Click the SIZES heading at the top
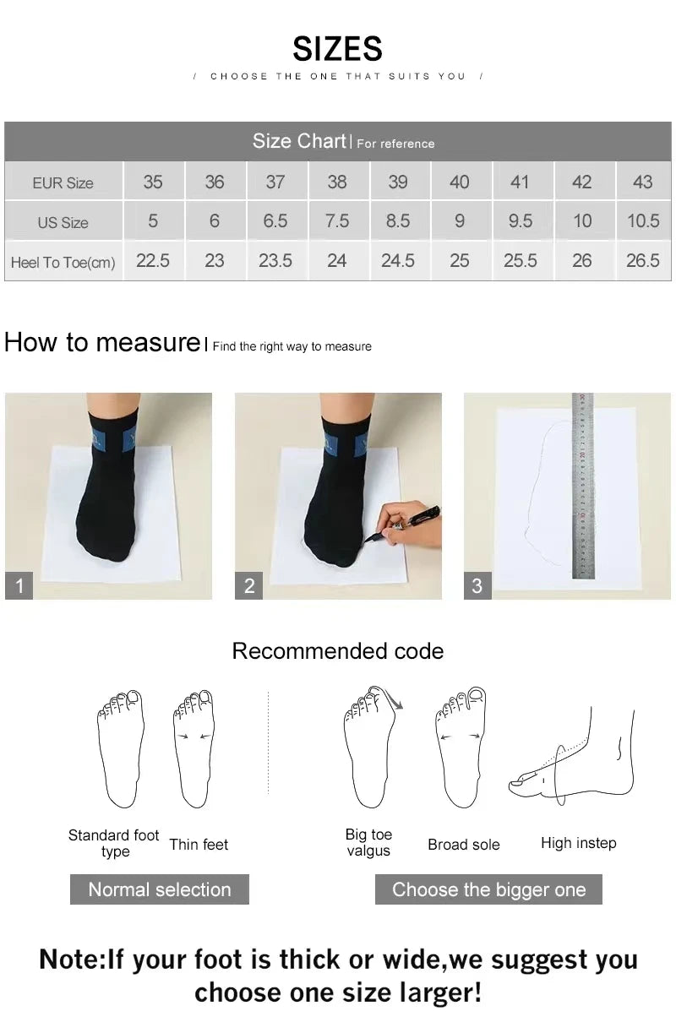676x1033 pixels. click(337, 49)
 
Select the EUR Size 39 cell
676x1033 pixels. click(398, 182)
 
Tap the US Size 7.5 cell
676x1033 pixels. click(336, 221)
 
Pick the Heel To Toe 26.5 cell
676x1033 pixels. click(642, 261)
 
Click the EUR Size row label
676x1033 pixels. click(63, 182)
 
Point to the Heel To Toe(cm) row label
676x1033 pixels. click(63, 263)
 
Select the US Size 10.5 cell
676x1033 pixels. click(642, 221)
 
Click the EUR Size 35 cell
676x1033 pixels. click(153, 182)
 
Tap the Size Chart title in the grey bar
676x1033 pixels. click(299, 141)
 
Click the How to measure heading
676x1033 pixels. click(101, 342)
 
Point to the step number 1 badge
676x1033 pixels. click(19, 585)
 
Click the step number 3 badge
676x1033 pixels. click(477, 585)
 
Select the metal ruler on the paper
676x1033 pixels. click(582, 486)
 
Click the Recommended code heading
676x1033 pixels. click(337, 651)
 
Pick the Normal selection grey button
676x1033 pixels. click(159, 889)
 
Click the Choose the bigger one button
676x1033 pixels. click(488, 889)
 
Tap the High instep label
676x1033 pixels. click(578, 843)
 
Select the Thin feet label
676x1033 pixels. click(199, 845)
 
